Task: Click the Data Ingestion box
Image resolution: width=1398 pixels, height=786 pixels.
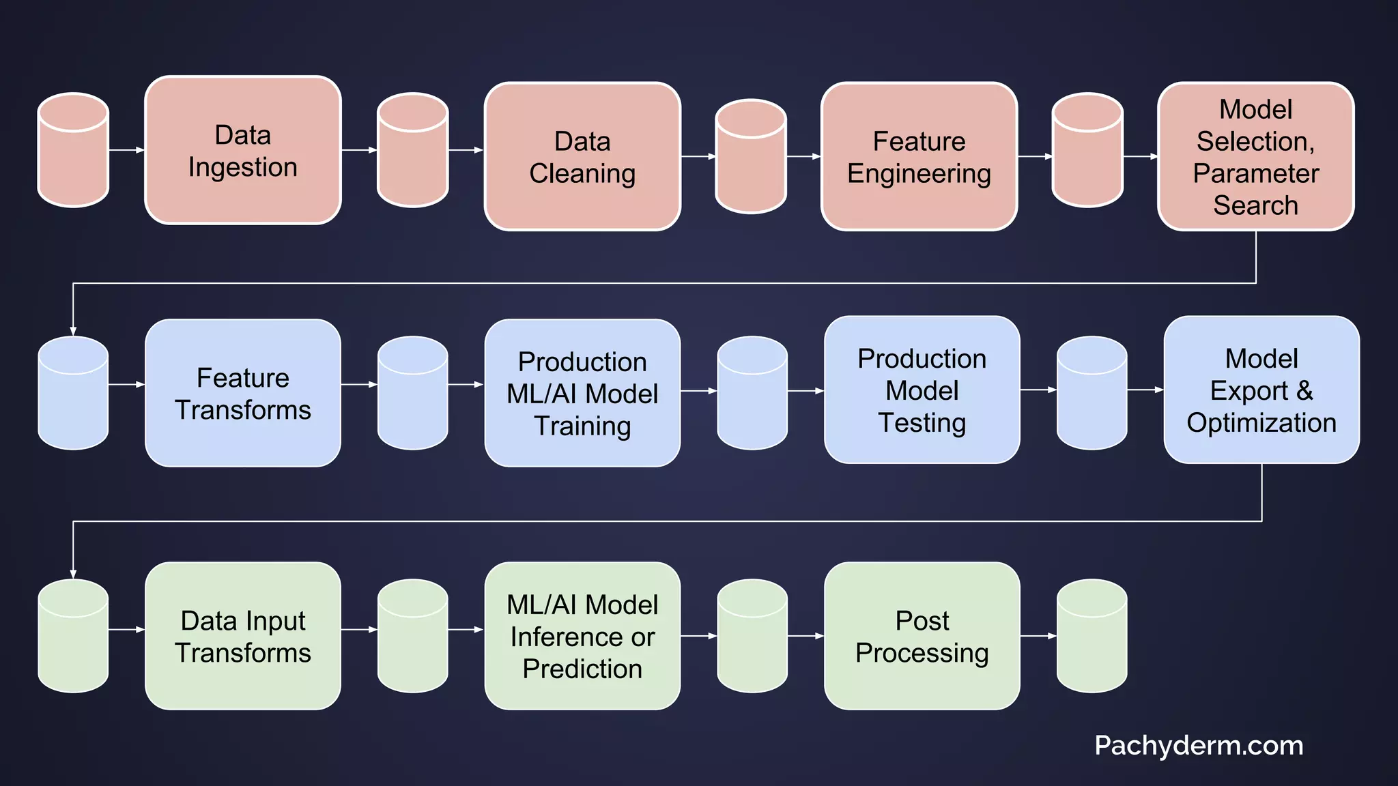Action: pos(242,150)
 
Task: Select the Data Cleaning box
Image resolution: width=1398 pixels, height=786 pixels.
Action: pos(582,157)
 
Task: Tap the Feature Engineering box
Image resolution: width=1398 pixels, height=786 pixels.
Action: pos(919,157)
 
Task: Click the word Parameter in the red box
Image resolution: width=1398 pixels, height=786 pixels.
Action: pos(1255,173)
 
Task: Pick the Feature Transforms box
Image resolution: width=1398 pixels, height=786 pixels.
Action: pos(242,393)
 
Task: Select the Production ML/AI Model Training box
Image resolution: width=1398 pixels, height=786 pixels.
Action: pos(582,393)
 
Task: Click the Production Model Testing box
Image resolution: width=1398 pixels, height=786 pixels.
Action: pos(922,390)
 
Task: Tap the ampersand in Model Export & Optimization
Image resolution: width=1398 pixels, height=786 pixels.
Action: pos(1304,391)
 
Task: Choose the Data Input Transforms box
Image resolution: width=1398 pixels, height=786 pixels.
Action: pos(242,636)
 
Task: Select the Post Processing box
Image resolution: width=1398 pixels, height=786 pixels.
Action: pos(922,636)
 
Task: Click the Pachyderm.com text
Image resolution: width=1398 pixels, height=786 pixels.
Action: pos(1199,745)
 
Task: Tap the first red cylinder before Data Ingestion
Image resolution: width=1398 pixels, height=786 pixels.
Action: pos(73,150)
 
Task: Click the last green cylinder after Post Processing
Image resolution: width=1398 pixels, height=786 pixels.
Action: pos(1092,636)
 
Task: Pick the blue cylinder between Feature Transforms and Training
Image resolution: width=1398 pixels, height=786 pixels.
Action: pos(412,393)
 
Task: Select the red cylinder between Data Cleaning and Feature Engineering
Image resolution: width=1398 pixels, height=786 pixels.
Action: pos(750,157)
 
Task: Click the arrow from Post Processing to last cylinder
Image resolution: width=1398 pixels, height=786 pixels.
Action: pos(1038,636)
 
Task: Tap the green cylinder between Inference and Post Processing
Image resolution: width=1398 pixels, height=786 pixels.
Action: pos(752,636)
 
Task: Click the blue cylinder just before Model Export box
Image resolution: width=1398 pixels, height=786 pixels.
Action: pos(1092,393)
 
